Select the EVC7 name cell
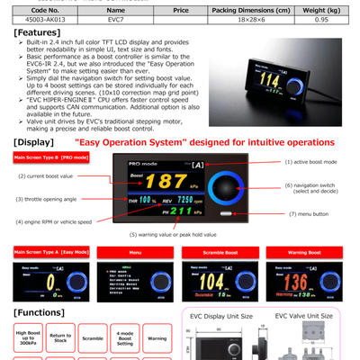(116, 18)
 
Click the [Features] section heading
(37, 31)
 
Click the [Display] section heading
(34, 142)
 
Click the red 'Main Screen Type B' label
(50, 157)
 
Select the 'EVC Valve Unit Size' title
(303, 316)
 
